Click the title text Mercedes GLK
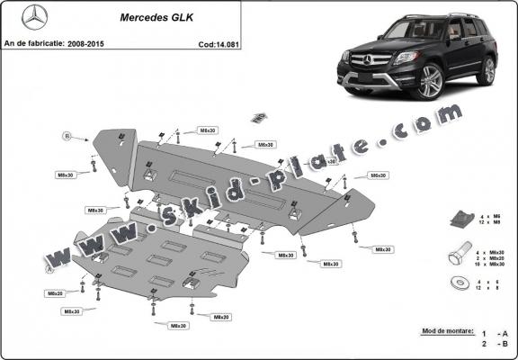[151, 16]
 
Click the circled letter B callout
[66, 136]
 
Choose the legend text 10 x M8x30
[493, 265]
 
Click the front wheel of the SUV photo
[428, 83]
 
